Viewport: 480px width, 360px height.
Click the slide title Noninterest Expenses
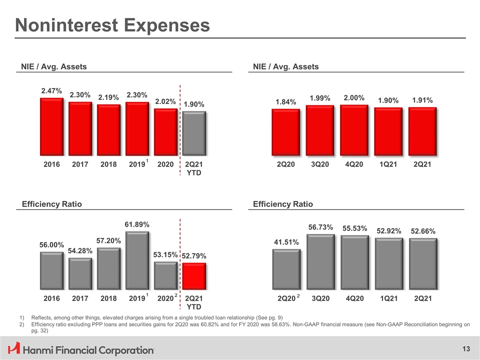pos(112,25)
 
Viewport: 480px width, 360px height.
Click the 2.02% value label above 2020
pos(165,101)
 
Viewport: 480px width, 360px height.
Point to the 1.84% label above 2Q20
pos(285,102)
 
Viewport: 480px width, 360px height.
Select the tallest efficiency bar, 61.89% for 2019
pos(137,260)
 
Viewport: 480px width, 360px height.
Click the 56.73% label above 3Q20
pos(320,227)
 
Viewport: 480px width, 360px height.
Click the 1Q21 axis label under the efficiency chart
pos(388,298)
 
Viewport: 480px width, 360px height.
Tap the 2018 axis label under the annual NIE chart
pos(108,164)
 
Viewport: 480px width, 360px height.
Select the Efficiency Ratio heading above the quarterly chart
pos(283,204)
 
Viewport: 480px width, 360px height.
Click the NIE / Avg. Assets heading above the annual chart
pos(53,66)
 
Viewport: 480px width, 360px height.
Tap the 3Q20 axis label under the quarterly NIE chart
pos(320,164)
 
